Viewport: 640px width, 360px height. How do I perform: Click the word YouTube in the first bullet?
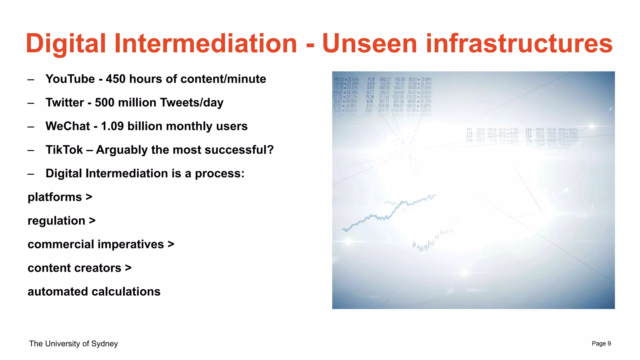[70, 79]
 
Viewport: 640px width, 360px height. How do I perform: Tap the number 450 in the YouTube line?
[116, 79]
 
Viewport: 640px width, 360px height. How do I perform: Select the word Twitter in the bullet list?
[65, 103]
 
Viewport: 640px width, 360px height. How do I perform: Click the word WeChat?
[67, 126]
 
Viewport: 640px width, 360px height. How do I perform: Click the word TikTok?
[64, 150]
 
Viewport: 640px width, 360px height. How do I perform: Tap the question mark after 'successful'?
[271, 150]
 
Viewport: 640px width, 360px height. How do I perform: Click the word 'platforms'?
[55, 197]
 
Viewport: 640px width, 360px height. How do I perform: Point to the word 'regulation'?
[56, 221]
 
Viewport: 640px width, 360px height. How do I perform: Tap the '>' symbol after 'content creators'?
[128, 268]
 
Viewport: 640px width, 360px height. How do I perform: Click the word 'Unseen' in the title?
[370, 43]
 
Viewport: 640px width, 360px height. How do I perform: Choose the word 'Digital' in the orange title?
[66, 43]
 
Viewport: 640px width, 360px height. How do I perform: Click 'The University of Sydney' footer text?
[73, 344]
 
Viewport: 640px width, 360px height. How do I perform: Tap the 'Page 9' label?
[601, 344]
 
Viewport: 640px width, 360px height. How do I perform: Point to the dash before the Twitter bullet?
[31, 103]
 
